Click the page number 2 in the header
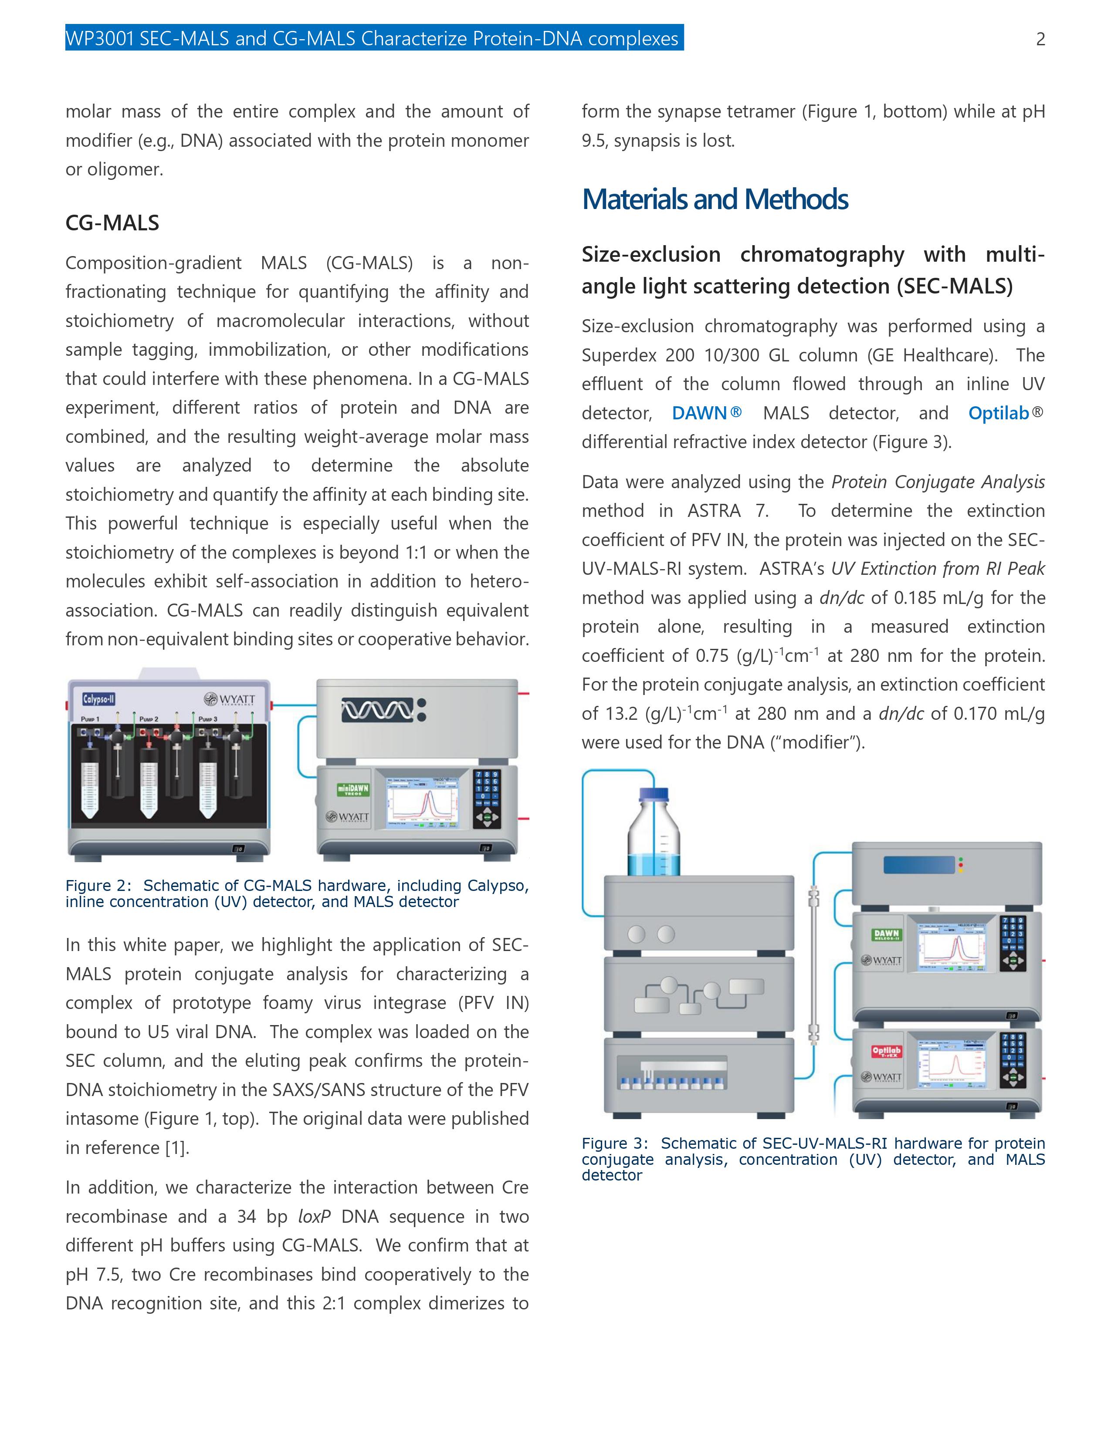[1040, 40]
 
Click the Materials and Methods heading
[715, 199]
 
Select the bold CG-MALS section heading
[112, 223]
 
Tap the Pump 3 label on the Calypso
[209, 719]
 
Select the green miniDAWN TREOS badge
[353, 789]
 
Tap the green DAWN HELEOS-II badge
[887, 934]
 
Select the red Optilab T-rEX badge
[887, 1053]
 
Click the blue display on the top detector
[919, 864]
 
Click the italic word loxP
[314, 1217]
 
